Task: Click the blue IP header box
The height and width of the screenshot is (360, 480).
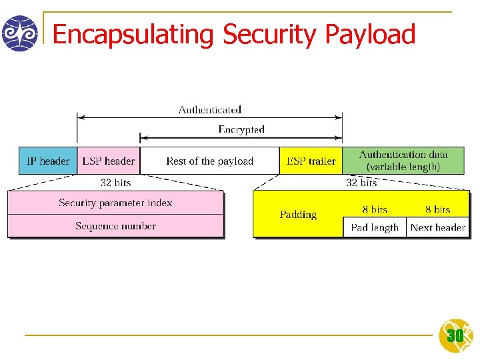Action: click(x=47, y=161)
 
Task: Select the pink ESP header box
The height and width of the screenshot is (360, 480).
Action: click(x=108, y=161)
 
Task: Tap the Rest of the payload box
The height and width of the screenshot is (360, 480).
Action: click(x=209, y=161)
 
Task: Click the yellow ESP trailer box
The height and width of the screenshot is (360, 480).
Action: click(x=311, y=161)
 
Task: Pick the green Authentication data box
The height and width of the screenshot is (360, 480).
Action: click(x=403, y=161)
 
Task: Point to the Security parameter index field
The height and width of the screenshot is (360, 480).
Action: click(x=115, y=203)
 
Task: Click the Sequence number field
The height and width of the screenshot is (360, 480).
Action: click(x=115, y=226)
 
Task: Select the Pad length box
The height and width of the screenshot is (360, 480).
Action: click(x=375, y=227)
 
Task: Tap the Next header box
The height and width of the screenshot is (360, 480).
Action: click(x=437, y=227)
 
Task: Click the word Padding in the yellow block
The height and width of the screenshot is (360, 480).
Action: click(x=298, y=215)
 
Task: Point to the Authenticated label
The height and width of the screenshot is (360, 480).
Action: click(x=209, y=109)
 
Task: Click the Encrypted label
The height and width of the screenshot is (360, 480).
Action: click(x=241, y=129)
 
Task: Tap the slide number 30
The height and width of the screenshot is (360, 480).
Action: click(x=455, y=336)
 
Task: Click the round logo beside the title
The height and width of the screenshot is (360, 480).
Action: click(x=20, y=33)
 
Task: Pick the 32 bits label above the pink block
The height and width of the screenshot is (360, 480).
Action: click(x=115, y=182)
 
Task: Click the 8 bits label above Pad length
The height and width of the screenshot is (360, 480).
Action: click(x=375, y=209)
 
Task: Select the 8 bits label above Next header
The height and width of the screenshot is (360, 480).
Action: click(x=437, y=209)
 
